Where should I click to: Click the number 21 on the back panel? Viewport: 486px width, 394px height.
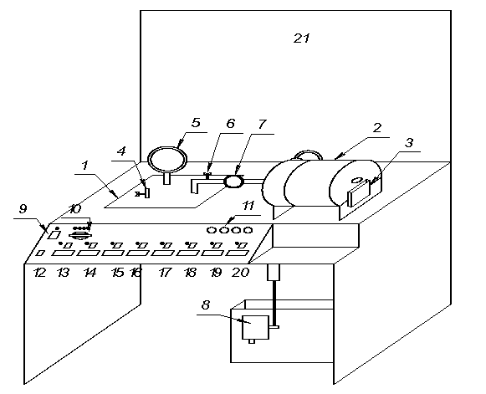click(302, 38)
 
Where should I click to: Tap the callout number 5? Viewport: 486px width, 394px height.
click(196, 122)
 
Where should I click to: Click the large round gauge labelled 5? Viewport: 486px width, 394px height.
click(167, 159)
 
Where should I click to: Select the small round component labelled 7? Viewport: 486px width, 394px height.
click(234, 182)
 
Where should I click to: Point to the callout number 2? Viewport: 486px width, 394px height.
click(377, 127)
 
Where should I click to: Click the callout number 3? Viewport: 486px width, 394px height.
click(409, 143)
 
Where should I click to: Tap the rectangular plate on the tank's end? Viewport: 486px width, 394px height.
click(359, 194)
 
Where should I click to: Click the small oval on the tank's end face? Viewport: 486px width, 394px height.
click(357, 180)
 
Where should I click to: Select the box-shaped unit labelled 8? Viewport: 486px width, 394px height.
click(255, 328)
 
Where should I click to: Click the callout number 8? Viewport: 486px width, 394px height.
click(206, 305)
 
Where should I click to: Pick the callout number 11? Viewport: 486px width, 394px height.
click(248, 206)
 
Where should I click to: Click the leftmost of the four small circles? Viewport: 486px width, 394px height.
click(212, 230)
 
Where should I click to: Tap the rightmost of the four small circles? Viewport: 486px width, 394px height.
click(248, 230)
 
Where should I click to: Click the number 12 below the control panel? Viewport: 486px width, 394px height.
click(40, 273)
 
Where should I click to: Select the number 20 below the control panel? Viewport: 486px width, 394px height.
click(240, 272)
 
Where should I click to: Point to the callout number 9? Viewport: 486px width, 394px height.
click(23, 208)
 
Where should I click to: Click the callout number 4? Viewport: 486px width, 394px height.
click(122, 151)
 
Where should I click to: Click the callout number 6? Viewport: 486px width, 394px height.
click(231, 123)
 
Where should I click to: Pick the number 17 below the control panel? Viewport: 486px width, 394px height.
click(165, 273)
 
